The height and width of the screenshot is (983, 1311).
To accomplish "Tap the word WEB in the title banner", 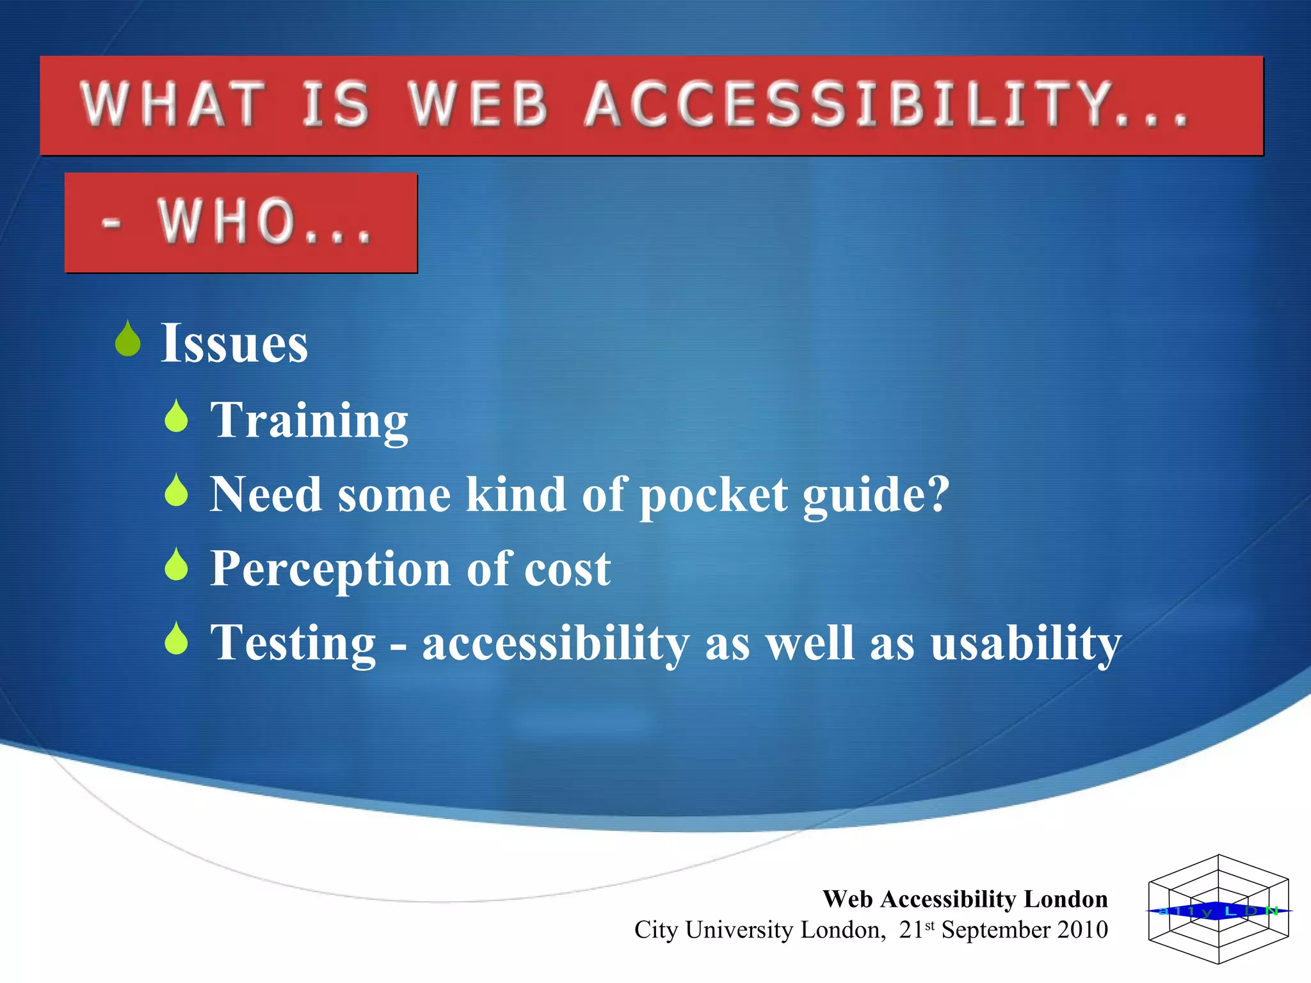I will pyautogui.click(x=479, y=104).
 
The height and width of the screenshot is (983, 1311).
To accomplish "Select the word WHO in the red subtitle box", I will pyautogui.click(x=227, y=221).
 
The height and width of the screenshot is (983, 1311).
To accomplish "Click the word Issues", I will pyautogui.click(x=234, y=344).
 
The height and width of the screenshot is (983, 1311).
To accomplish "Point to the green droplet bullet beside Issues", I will pyautogui.click(x=128, y=339).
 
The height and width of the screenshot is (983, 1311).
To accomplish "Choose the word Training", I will pyautogui.click(x=309, y=420).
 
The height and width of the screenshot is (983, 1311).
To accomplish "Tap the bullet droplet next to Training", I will pyautogui.click(x=176, y=417).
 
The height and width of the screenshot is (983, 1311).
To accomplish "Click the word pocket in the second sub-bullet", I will pyautogui.click(x=713, y=495).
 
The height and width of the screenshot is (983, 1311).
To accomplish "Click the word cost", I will pyautogui.click(x=567, y=569).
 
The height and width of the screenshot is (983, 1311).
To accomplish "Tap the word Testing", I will pyautogui.click(x=293, y=643).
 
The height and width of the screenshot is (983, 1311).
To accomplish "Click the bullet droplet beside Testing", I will pyautogui.click(x=176, y=639).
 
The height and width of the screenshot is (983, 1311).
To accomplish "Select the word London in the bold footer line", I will pyautogui.click(x=1065, y=899).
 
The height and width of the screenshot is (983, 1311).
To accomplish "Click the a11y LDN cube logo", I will pyautogui.click(x=1218, y=909).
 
